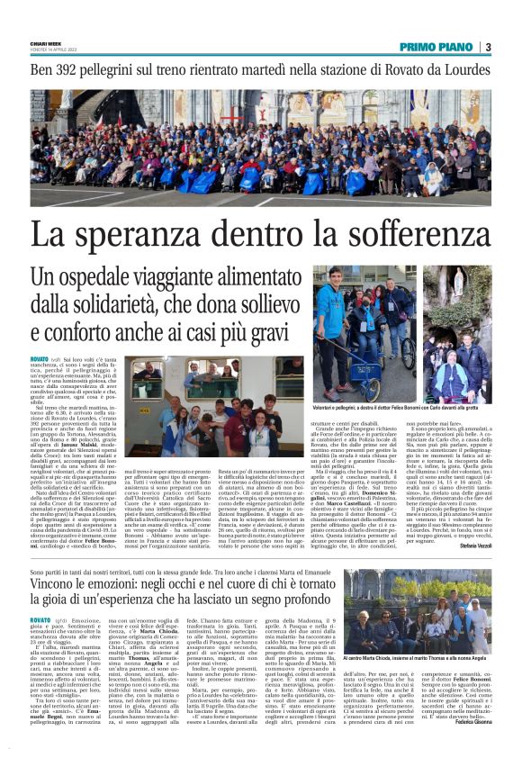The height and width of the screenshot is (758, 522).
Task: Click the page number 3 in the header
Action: pos(487,47)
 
